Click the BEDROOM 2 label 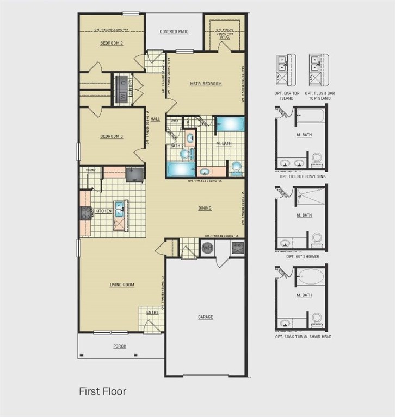click(112, 43)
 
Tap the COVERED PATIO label click(174, 31)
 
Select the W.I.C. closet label click(225, 37)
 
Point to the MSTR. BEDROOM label click(206, 84)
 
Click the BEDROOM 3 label click(112, 136)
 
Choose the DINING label click(205, 208)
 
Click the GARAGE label click(205, 317)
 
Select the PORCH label click(120, 346)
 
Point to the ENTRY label click(152, 312)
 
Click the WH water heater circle click(207, 249)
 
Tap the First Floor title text click(103, 390)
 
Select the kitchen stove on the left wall click(86, 213)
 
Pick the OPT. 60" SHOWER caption click(303, 256)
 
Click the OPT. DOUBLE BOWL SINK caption click(303, 176)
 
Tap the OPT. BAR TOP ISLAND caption click(287, 97)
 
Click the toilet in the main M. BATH click(237, 167)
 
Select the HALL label click(156, 119)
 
